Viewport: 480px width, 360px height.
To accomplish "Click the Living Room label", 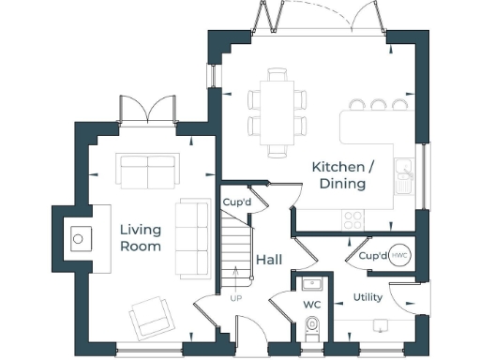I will tap(140, 238).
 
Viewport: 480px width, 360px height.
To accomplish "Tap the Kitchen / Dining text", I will tap(342, 175).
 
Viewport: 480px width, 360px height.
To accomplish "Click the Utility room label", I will tap(367, 298).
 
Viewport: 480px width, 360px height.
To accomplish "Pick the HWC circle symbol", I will tap(399, 255).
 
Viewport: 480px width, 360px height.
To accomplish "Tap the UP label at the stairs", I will tap(235, 298).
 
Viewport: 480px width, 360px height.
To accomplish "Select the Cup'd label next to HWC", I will tap(372, 255).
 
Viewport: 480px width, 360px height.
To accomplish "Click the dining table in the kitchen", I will tap(277, 111).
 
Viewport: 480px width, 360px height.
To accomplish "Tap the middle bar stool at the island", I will tap(381, 105).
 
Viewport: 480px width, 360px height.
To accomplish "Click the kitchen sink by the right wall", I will tap(405, 174).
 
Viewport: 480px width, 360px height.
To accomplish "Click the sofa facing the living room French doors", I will tap(146, 171).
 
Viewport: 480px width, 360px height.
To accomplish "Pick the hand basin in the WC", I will tap(311, 283).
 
